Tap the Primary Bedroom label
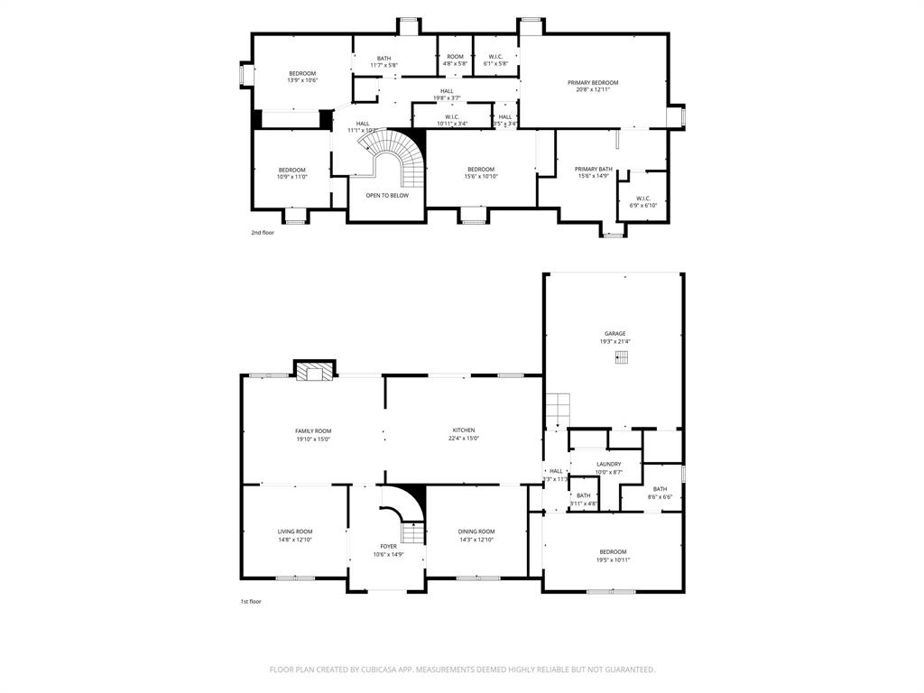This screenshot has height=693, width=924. click(x=593, y=82)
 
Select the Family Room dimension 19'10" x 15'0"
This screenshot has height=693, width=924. click(x=313, y=439)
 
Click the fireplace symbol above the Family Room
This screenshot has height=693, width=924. click(x=315, y=371)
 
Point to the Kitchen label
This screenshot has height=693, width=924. click(x=464, y=430)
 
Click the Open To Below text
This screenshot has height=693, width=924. click(x=387, y=195)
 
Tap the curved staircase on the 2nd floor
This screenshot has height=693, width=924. click(x=396, y=158)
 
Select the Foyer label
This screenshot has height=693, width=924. click(x=388, y=546)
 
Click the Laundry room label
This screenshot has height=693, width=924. click(x=608, y=464)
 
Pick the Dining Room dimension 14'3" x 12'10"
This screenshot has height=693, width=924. click(x=476, y=540)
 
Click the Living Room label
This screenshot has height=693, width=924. click(x=295, y=531)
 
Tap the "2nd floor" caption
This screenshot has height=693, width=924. click(x=263, y=233)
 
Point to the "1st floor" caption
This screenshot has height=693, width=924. click(x=250, y=602)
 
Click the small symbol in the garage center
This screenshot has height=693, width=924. click(x=621, y=357)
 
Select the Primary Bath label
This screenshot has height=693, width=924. click(x=594, y=169)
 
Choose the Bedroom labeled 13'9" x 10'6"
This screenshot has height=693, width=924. click(x=302, y=73)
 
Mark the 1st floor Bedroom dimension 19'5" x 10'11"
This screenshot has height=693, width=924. click(x=613, y=559)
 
